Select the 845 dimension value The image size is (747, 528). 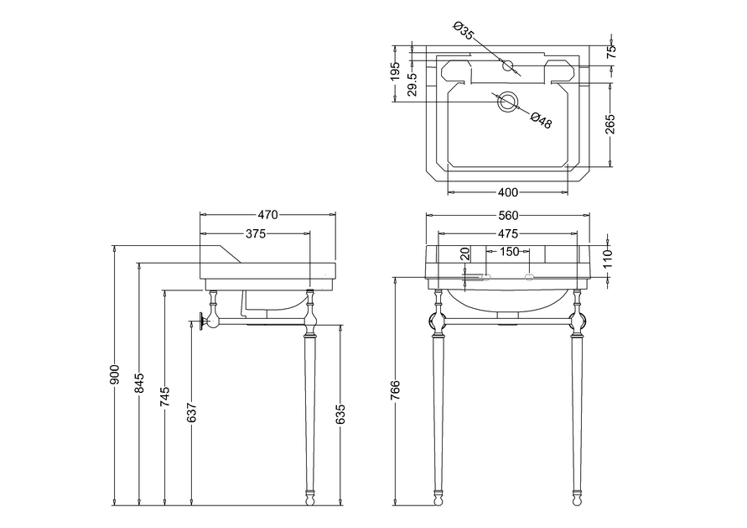pos(140,383)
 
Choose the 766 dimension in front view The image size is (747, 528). pos(396,392)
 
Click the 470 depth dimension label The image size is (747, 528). pos(267,216)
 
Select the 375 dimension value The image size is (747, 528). pos(255,233)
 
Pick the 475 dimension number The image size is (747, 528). pos(507,233)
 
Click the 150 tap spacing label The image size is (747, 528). pos(510,251)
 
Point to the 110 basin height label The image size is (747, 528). pos(610,254)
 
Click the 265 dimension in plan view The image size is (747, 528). pos(610,124)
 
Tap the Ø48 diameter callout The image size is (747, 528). pos(541,121)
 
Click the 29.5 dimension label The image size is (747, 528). pos(411,85)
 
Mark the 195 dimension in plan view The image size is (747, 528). pos(396,72)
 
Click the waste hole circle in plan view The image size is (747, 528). pos(508,102)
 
